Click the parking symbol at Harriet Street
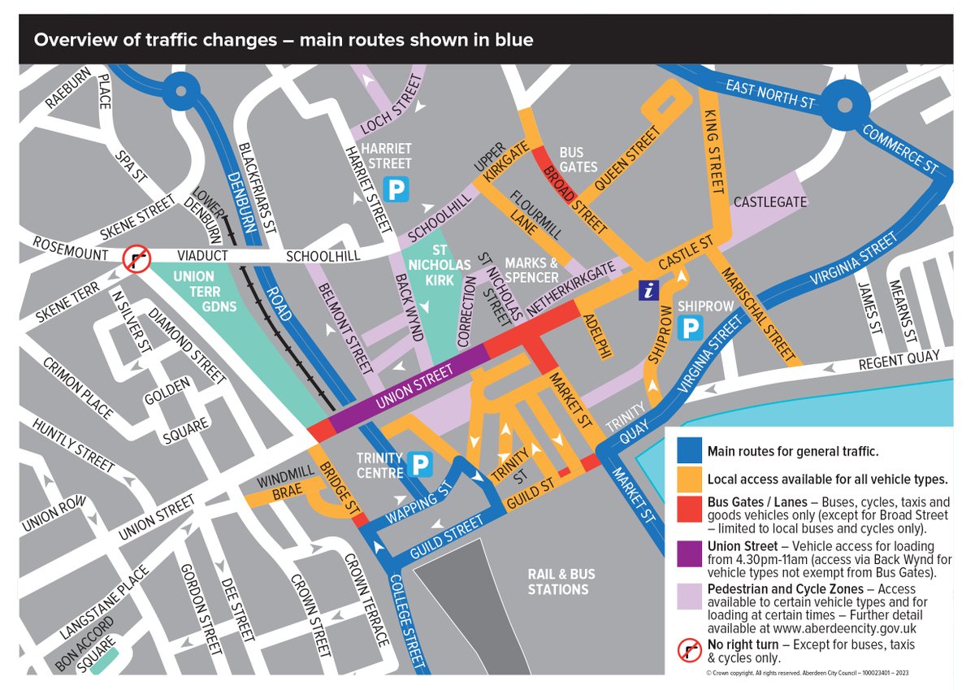coord(396,190)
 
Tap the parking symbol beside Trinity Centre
coord(421,465)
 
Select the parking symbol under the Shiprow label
coord(691,328)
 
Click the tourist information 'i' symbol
coord(648,290)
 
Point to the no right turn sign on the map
coord(135,260)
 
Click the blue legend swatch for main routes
coord(688,451)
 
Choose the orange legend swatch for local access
coord(688,479)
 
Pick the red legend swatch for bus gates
coord(688,509)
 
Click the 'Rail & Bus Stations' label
coord(561,581)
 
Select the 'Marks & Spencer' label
coord(532,270)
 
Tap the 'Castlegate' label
coord(770,201)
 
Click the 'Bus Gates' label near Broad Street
coord(578,159)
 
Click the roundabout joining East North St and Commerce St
coord(844,105)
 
